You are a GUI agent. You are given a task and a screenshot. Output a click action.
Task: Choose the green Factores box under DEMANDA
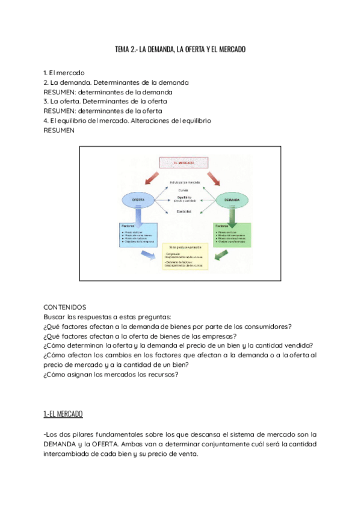pyautogui.click(x=232, y=235)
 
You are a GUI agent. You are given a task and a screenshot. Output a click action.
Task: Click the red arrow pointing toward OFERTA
pyautogui.click(x=150, y=178)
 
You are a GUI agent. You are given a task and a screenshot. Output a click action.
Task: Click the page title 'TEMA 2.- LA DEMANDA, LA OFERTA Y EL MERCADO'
pyautogui.click(x=180, y=49)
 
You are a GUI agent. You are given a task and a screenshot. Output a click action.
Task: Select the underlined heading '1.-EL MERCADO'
pyautogui.click(x=63, y=414)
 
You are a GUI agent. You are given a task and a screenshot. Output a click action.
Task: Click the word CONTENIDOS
pyautogui.click(x=65, y=306)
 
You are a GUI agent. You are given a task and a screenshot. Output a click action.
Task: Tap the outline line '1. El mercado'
pyautogui.click(x=64, y=72)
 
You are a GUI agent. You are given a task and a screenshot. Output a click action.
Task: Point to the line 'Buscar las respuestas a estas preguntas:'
pyautogui.click(x=107, y=316)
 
